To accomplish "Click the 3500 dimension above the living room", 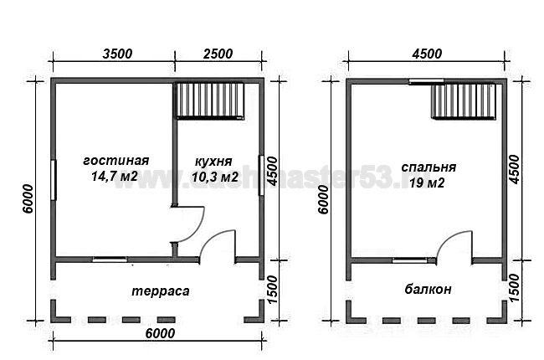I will (x=116, y=54).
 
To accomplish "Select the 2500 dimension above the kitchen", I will (x=218, y=54).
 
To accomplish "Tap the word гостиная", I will (x=116, y=161).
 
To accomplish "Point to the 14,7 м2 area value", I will (x=116, y=177).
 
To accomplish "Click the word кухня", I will (x=213, y=161).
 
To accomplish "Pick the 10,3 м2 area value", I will (x=214, y=177).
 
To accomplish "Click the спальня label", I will (x=423, y=166).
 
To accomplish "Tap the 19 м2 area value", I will (x=423, y=182).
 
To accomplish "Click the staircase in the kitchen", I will (x=210, y=100).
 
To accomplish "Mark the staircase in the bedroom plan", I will (x=465, y=101).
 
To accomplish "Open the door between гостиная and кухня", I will (x=186, y=224).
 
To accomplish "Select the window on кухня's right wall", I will (x=262, y=174).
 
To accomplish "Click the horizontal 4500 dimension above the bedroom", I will (x=427, y=54).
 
